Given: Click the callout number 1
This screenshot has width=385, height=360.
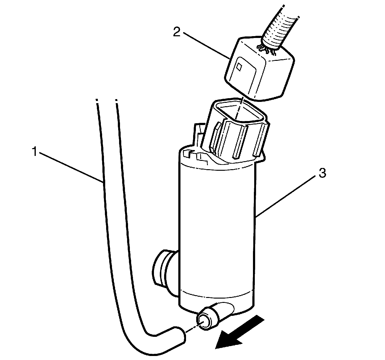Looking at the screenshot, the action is coord(35,152).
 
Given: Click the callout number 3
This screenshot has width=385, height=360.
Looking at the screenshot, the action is coord(321,174).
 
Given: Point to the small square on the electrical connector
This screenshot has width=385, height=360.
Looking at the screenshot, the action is coord(239,67).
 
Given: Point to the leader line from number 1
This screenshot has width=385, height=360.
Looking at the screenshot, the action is coord(71,167).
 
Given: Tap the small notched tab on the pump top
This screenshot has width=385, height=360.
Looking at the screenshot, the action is coord(189,153).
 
